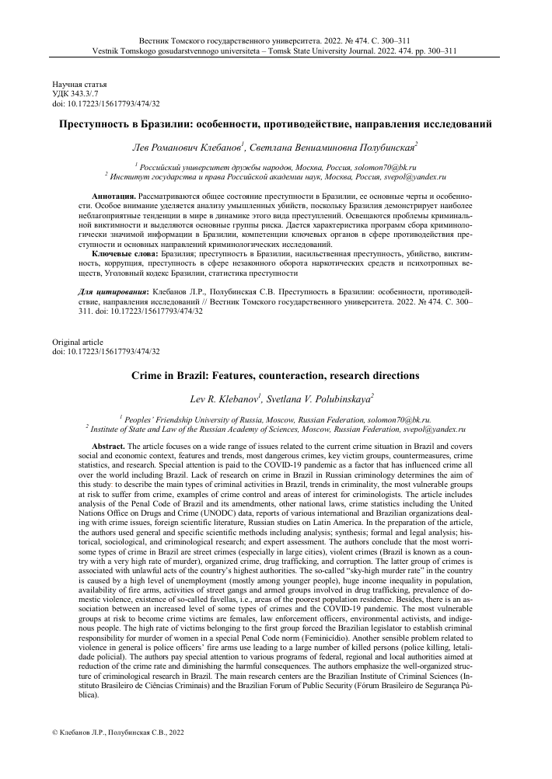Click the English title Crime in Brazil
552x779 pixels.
(276, 375)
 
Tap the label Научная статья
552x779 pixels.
(79, 83)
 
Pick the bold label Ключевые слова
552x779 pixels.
(124, 254)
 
